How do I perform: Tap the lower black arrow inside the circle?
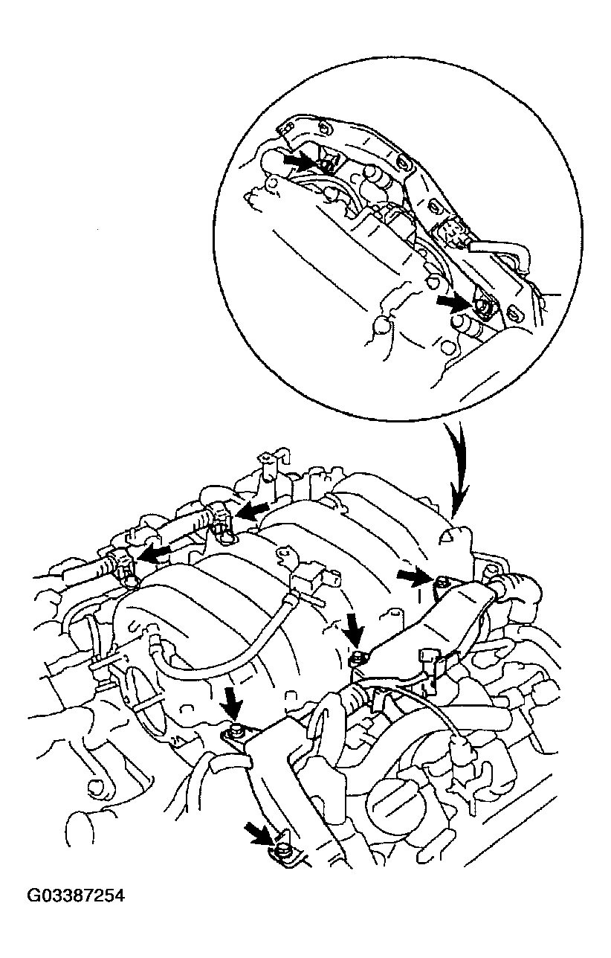[451, 301]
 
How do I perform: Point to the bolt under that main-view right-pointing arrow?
[442, 583]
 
